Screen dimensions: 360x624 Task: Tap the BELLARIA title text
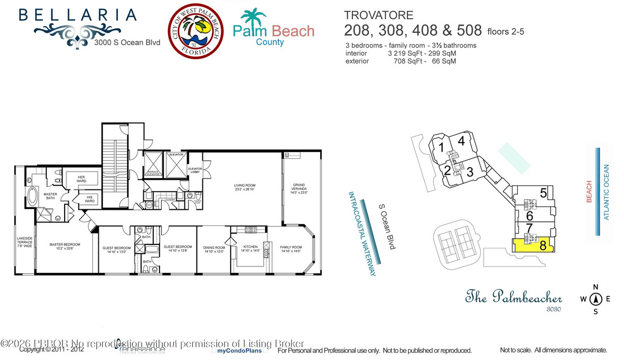77,15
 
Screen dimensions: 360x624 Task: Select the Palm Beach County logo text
273,31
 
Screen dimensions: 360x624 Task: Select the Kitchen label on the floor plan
250,248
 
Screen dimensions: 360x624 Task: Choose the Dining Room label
213,248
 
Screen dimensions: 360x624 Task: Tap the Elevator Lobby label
195,170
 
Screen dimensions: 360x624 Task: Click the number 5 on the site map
543,193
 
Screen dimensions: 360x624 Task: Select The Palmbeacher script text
514,298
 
